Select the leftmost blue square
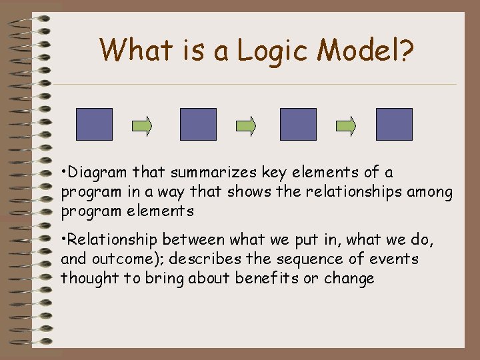click(94, 125)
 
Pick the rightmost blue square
click(394, 125)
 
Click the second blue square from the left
click(199, 125)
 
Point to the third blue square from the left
click(298, 125)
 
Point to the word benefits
click(266, 278)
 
